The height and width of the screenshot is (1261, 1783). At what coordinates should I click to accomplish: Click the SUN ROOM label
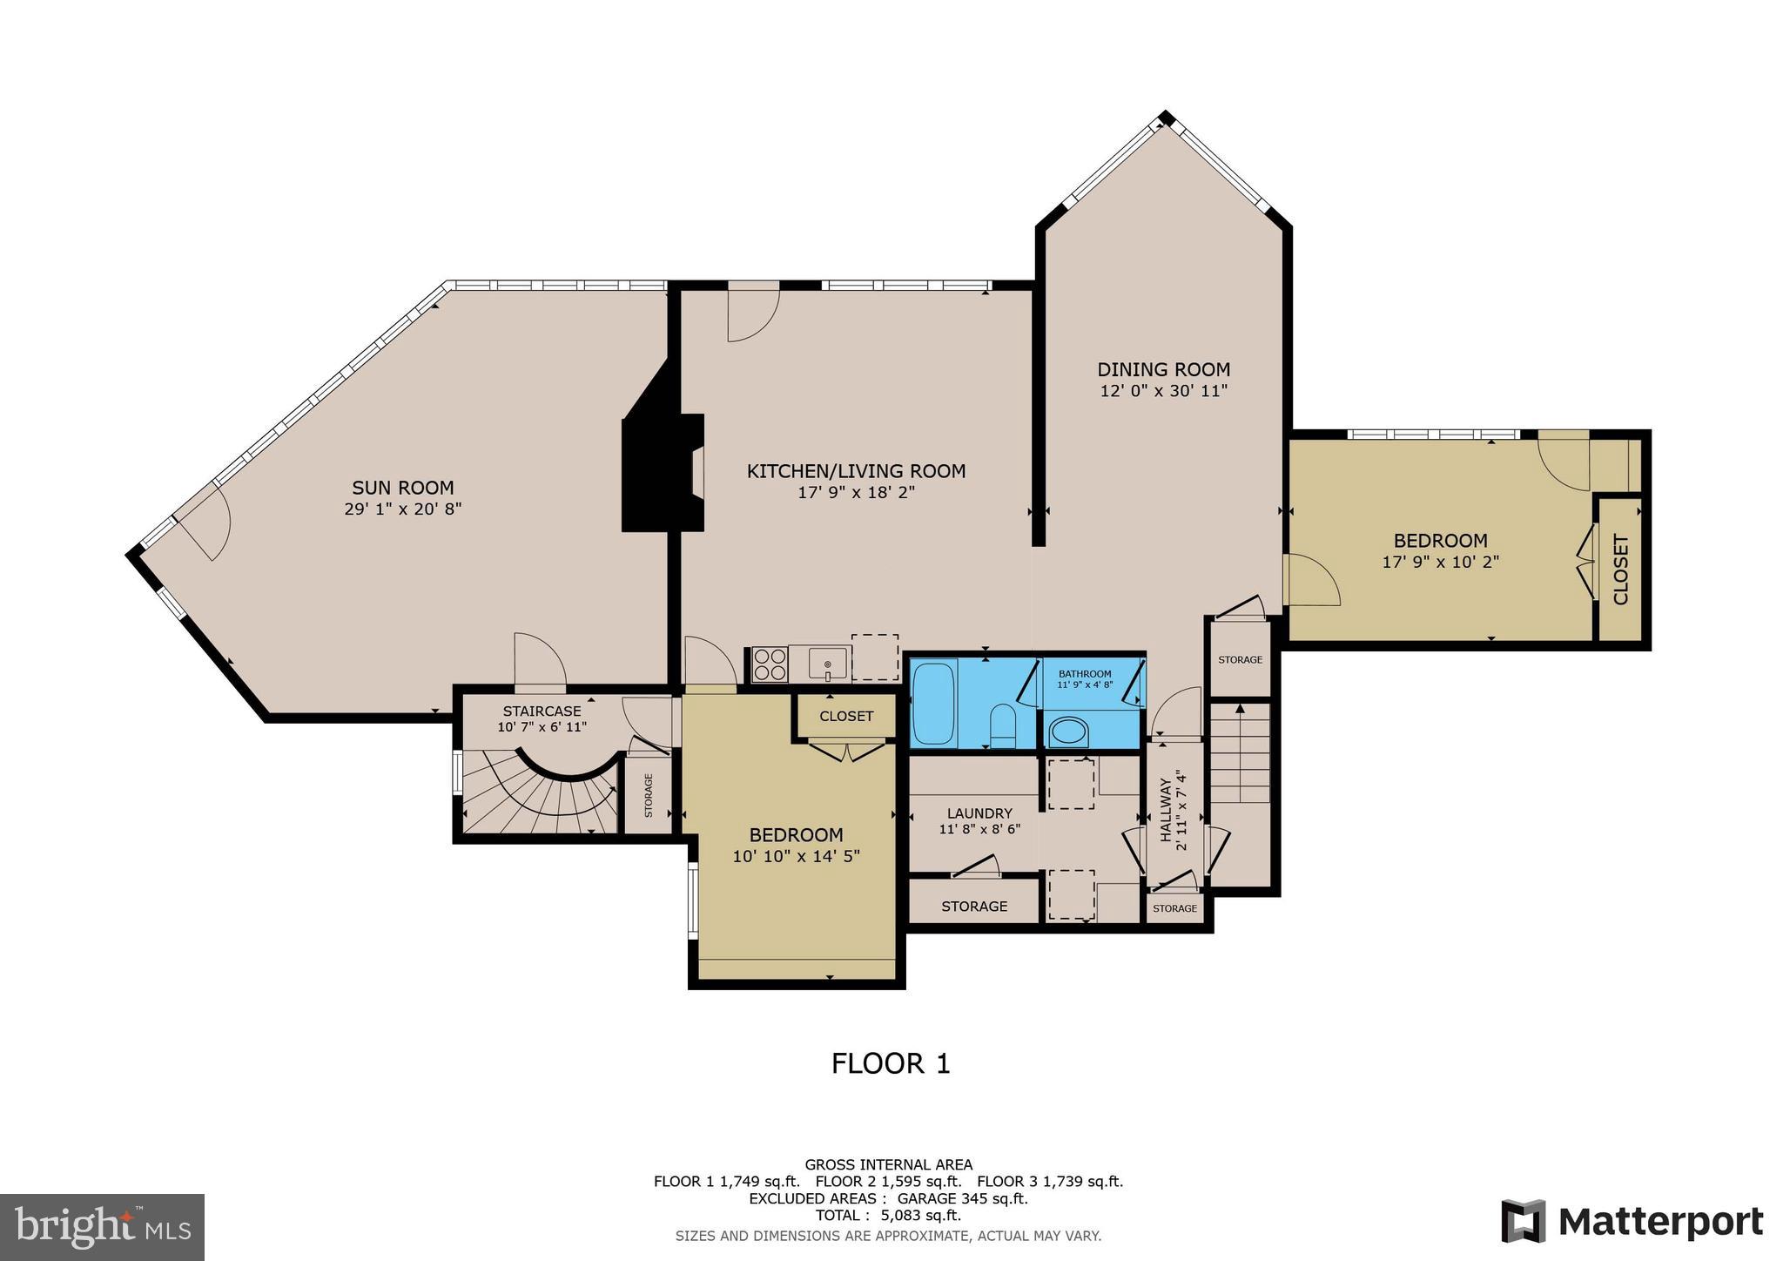402,488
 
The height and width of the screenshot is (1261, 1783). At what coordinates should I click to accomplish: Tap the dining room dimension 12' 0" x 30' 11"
1163,391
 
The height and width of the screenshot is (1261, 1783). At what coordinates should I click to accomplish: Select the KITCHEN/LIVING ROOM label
856,471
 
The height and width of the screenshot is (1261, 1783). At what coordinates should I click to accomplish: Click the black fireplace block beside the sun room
653,475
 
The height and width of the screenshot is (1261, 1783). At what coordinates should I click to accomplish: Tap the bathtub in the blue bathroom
934,703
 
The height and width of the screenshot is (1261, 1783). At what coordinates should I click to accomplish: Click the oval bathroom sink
1068,732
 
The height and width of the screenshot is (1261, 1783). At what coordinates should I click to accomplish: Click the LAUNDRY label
979,813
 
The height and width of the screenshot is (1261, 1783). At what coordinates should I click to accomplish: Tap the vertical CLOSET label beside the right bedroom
1621,570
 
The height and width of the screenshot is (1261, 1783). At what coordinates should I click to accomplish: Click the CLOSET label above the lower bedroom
846,716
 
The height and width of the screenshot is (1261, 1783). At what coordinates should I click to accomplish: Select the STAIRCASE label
542,711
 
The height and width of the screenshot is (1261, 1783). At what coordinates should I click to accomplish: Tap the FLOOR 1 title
891,1063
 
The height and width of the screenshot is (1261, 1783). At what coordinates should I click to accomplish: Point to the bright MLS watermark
102,1227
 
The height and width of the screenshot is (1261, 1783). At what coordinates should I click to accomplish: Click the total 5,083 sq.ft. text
888,1215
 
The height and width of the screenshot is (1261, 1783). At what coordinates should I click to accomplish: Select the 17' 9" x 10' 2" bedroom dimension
1440,563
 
